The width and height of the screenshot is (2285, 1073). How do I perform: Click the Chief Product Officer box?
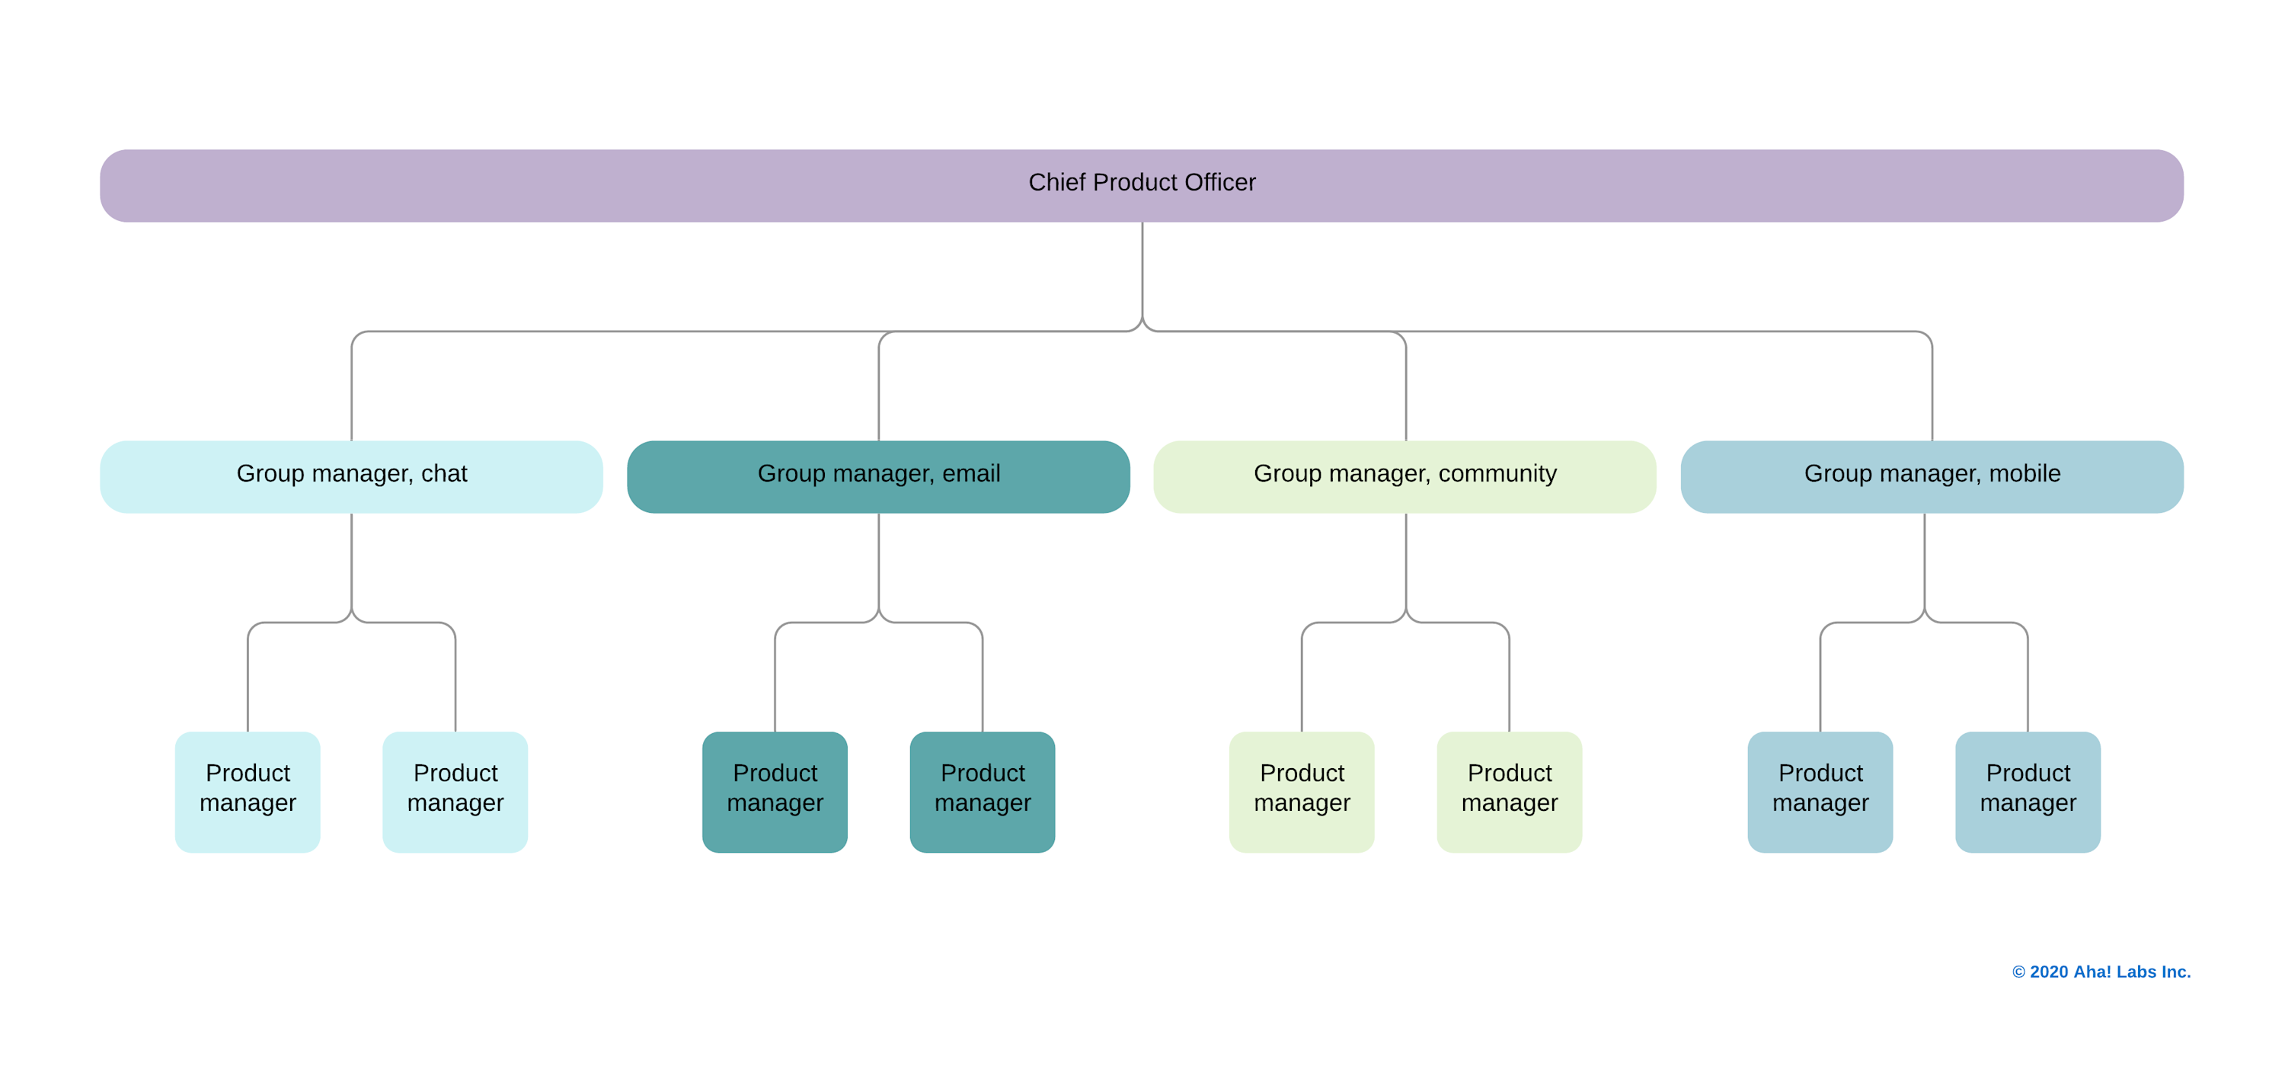tap(1142, 184)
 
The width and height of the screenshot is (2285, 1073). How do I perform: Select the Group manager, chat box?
tap(351, 476)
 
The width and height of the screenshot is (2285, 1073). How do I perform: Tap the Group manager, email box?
tap(878, 476)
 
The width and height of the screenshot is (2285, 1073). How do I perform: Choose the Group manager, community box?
tap(1405, 476)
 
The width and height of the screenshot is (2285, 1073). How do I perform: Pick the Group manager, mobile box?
tap(1931, 476)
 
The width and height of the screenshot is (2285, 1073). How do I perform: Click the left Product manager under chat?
tap(248, 791)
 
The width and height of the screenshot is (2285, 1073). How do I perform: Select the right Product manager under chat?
tap(455, 791)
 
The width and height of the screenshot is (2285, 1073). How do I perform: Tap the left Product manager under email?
tap(775, 791)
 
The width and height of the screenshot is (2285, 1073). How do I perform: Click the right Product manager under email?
tap(982, 791)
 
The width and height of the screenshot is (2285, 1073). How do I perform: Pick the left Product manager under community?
tap(1301, 791)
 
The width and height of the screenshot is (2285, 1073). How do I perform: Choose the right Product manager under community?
tap(1509, 791)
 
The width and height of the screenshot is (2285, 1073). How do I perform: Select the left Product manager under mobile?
tap(1820, 791)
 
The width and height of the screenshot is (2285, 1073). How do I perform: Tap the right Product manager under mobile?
tap(2028, 791)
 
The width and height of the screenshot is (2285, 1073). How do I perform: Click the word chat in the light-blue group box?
tap(443, 473)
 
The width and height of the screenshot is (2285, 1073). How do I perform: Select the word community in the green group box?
tap(1497, 473)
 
